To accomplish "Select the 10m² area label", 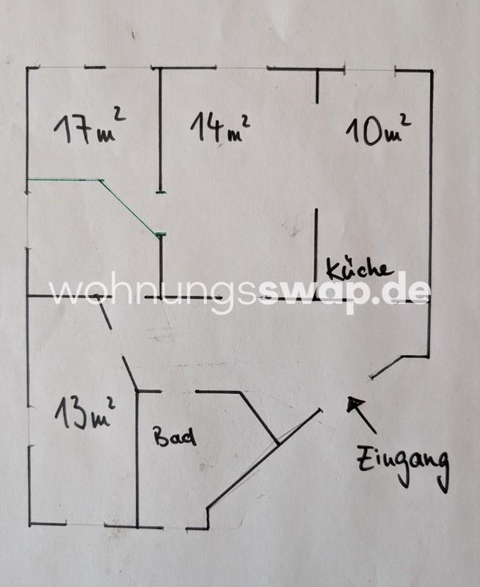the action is [377, 131].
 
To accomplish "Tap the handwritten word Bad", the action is [175, 438].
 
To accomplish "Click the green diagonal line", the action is [132, 209].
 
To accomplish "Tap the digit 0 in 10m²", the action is [367, 132].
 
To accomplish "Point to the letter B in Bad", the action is [161, 437].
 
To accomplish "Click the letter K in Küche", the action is [332, 269].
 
